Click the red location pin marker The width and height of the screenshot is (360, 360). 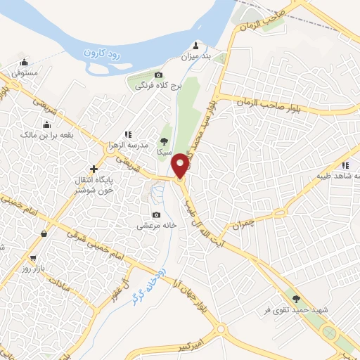(x=181, y=165)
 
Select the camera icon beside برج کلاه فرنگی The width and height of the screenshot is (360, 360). (x=159, y=75)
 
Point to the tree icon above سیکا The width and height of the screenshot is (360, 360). (x=165, y=141)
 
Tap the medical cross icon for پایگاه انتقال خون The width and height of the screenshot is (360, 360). (x=94, y=169)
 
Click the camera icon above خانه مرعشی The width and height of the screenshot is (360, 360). (x=156, y=215)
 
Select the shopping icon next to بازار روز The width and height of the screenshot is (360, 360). (x=45, y=234)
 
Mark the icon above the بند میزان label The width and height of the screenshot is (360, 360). (x=205, y=44)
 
